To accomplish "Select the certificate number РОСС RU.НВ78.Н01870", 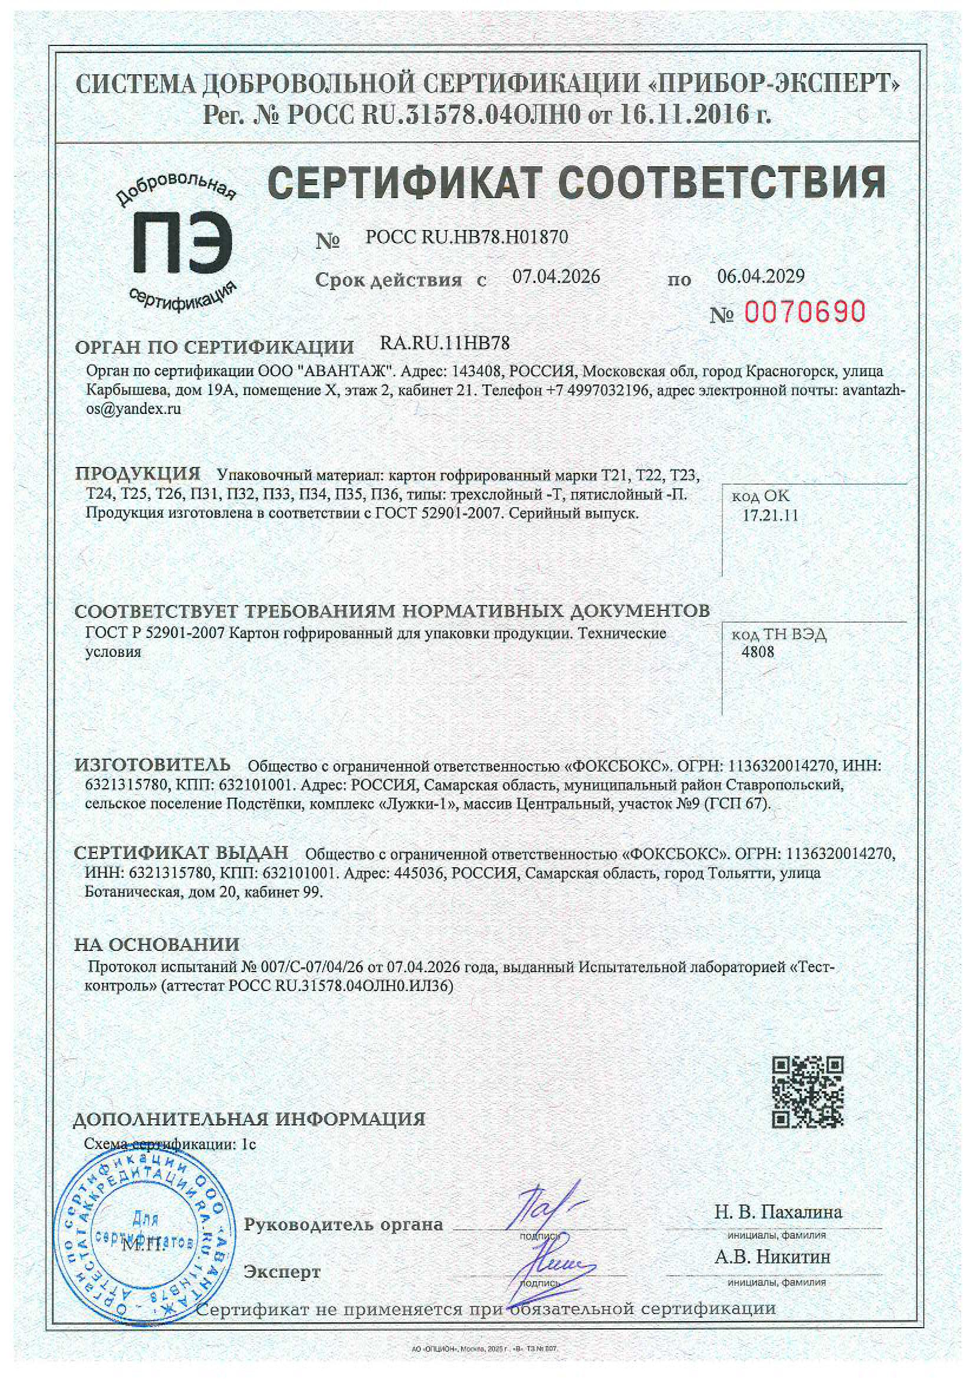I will pyautogui.click(x=466, y=238).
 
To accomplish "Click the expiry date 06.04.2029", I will pyautogui.click(x=760, y=276).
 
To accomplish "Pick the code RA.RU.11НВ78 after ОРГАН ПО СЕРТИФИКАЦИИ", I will pyautogui.click(x=445, y=344).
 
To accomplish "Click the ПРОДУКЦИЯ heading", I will pyautogui.click(x=138, y=473).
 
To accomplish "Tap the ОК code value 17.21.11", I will pyautogui.click(x=770, y=515).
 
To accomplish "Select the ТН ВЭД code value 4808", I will pyautogui.click(x=758, y=652).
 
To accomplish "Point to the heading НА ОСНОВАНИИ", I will pyautogui.click(x=157, y=944).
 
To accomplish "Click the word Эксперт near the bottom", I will pyautogui.click(x=282, y=1272).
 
